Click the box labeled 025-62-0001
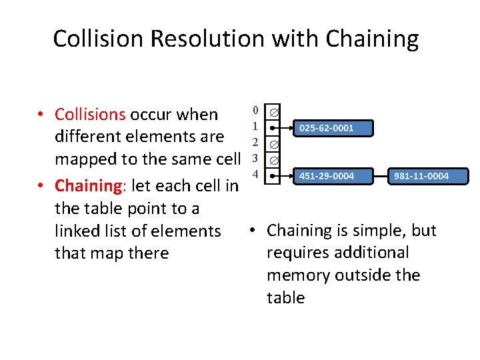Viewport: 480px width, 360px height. tap(327, 127)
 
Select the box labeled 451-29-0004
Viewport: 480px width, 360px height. tap(327, 176)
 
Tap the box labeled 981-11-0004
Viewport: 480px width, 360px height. tap(421, 176)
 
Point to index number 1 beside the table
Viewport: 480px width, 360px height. tap(255, 126)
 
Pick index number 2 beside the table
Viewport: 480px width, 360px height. tap(255, 142)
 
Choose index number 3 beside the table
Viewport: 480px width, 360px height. tap(255, 158)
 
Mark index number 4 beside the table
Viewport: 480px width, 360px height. tap(255, 174)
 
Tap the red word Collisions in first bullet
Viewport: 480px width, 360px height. tap(90, 115)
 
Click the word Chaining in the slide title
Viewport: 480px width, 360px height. tap(372, 39)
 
